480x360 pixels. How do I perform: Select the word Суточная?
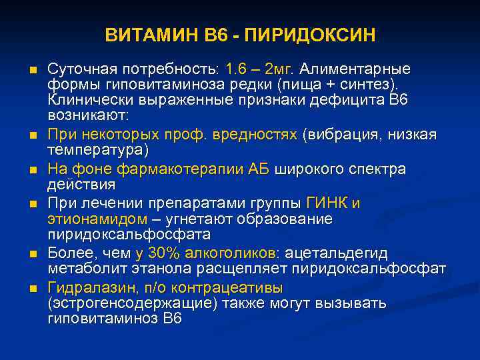click(81, 69)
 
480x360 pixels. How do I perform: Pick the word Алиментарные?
click(357, 69)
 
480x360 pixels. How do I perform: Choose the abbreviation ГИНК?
click(326, 203)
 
